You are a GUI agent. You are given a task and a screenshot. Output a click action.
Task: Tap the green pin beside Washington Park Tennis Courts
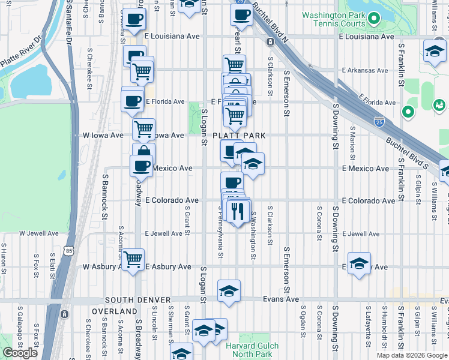(374, 19)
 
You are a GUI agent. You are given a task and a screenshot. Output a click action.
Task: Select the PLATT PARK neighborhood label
(240, 136)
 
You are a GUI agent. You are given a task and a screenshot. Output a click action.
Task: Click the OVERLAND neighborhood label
(114, 311)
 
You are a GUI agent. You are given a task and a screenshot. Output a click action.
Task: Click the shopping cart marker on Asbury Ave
(134, 259)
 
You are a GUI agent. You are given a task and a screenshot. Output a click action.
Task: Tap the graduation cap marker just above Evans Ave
(229, 291)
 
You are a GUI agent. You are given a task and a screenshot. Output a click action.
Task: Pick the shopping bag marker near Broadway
(143, 153)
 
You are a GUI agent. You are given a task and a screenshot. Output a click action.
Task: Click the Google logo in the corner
(20, 353)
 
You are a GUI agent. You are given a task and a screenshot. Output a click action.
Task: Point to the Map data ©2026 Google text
(412, 355)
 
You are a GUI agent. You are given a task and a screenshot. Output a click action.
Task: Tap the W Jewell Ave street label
(39, 233)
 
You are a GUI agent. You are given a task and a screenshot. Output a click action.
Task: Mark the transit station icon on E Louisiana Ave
(270, 42)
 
